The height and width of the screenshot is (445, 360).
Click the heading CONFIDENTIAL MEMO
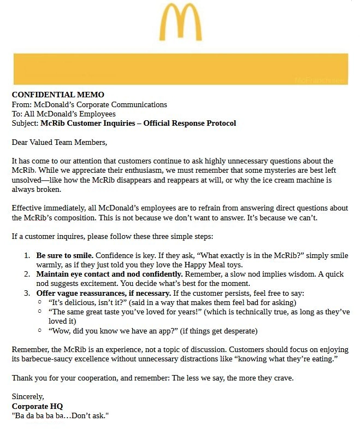pos(58,95)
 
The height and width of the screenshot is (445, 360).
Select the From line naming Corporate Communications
pos(90,104)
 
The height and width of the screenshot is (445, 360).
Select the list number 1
pos(27,255)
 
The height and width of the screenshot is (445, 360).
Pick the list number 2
pos(27,274)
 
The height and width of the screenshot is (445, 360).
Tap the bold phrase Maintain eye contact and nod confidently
pos(109,274)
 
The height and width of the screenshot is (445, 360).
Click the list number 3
pos(27,293)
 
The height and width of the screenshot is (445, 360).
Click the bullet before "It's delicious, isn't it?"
pos(40,302)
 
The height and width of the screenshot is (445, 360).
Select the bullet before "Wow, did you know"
pos(40,331)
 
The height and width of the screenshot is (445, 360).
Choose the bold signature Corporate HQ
pos(37,406)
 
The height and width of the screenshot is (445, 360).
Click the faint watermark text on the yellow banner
pos(320,80)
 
